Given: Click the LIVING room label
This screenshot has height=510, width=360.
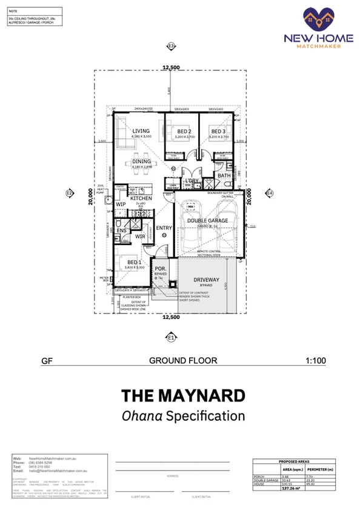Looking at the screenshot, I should (141, 131).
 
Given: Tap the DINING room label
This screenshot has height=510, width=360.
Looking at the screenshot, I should (142, 161).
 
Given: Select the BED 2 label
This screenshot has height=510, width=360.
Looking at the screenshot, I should (184, 132).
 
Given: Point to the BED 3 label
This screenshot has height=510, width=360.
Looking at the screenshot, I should (218, 132).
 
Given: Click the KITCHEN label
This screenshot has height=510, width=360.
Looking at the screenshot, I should (141, 198).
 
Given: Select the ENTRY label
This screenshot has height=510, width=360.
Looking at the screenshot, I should (164, 228).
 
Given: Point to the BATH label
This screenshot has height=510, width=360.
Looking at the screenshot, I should (224, 176).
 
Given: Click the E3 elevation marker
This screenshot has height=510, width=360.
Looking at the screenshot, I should (171, 46).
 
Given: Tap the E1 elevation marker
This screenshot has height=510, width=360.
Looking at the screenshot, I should (171, 337).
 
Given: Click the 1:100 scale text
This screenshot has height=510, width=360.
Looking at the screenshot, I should (316, 361).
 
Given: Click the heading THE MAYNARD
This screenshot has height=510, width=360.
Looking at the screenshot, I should (183, 396).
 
